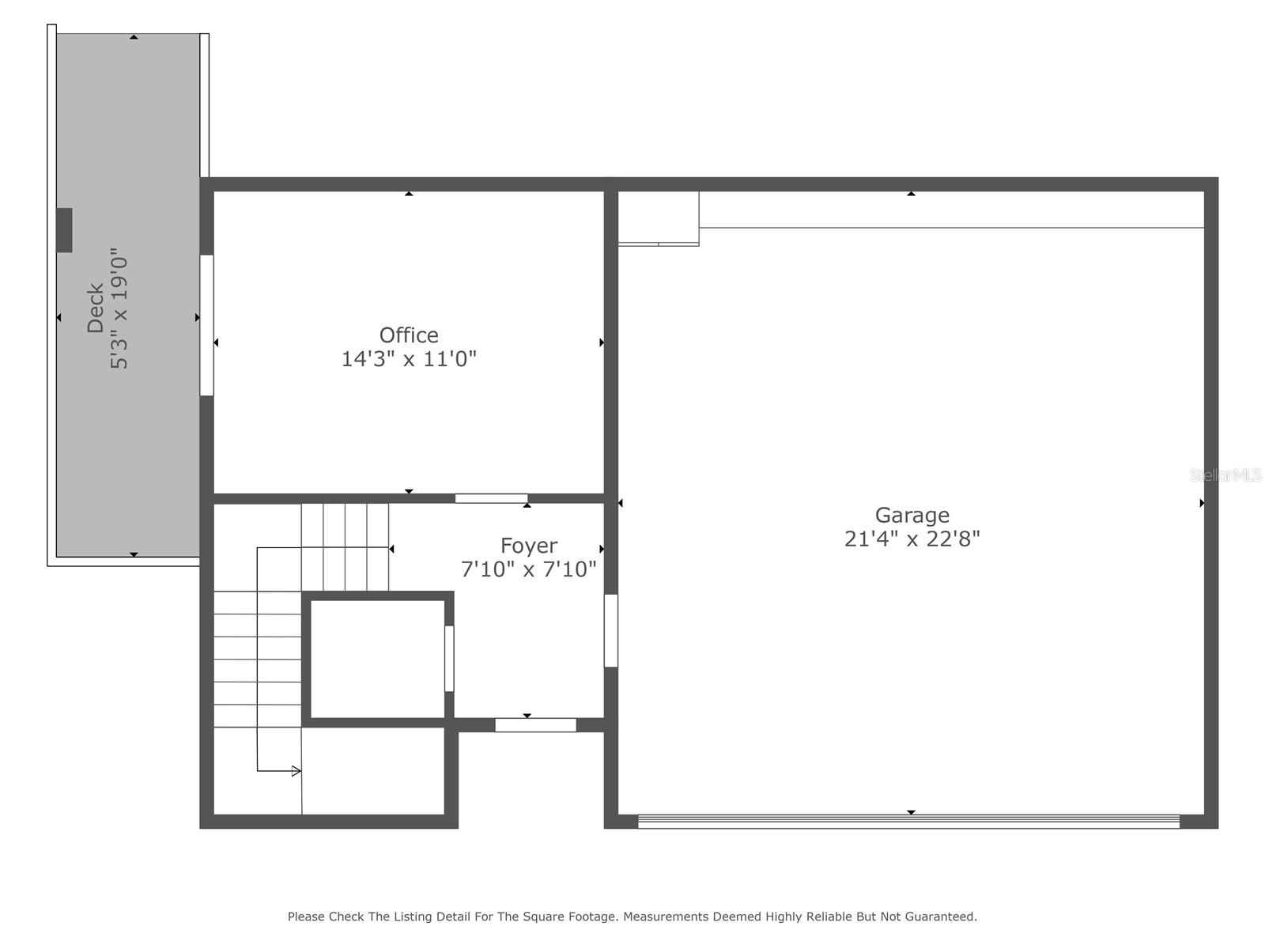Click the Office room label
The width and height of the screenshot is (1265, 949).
(x=409, y=335)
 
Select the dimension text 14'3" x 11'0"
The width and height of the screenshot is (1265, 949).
(x=409, y=359)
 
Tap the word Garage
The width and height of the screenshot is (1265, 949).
(x=912, y=516)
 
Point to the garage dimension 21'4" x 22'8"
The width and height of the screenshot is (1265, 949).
(x=912, y=539)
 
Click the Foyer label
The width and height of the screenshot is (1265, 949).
(x=528, y=546)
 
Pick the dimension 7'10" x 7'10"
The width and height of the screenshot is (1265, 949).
(x=528, y=569)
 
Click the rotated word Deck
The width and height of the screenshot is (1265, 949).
(x=96, y=308)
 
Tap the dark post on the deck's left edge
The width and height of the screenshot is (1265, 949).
(x=64, y=230)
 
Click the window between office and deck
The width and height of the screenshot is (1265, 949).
(x=206, y=325)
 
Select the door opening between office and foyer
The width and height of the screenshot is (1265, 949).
(x=491, y=498)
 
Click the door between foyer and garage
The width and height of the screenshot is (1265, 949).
(x=611, y=630)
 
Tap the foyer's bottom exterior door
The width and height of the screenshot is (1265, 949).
(x=535, y=725)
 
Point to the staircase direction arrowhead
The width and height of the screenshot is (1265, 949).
(x=296, y=771)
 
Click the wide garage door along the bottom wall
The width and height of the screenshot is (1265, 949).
(x=908, y=822)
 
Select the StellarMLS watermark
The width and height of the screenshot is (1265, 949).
(x=1225, y=475)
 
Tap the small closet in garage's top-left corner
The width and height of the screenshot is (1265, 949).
(x=658, y=217)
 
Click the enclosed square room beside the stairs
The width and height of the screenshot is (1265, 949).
(x=377, y=659)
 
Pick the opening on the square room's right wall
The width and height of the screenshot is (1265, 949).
(x=449, y=659)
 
